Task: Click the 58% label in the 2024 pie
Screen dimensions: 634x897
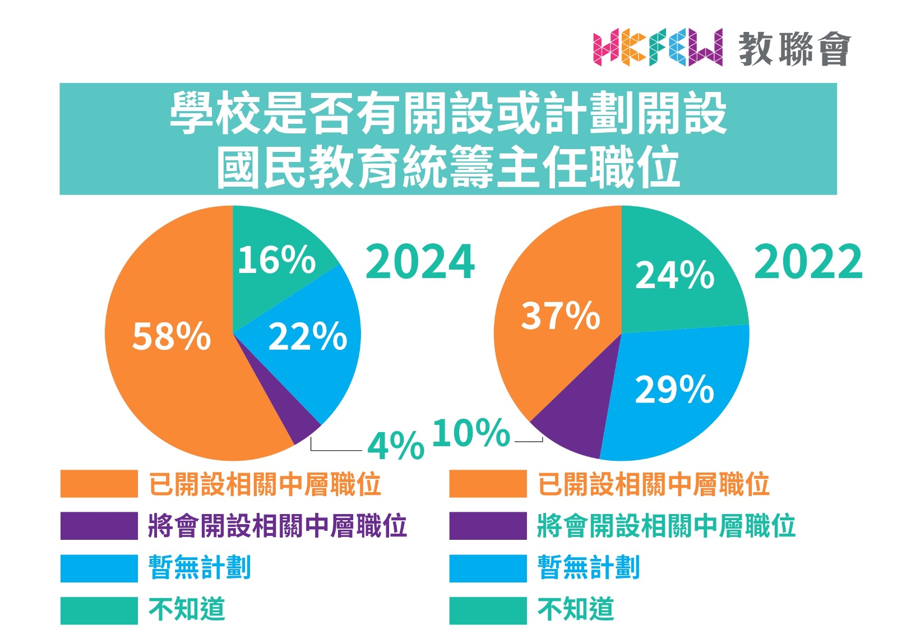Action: point(172,336)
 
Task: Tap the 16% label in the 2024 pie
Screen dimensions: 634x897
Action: point(276,260)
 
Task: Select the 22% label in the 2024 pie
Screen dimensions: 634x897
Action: point(308,336)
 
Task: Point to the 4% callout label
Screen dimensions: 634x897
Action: point(396,446)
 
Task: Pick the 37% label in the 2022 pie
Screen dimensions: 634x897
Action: point(561,315)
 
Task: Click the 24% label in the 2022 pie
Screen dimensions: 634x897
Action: point(674,275)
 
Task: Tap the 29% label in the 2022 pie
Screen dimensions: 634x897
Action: point(674,389)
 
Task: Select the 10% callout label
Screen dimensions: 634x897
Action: point(471,433)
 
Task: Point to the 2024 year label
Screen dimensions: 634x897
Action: point(420,261)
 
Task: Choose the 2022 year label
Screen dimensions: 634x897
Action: point(808,261)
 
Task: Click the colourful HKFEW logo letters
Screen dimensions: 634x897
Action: point(658,48)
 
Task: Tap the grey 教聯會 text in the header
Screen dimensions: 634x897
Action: point(794,49)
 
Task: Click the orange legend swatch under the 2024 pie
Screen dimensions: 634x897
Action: point(99,484)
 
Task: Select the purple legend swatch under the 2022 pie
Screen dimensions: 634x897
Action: point(488,526)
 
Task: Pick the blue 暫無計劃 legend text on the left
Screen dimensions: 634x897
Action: point(199,567)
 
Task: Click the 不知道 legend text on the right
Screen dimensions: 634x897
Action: point(576,609)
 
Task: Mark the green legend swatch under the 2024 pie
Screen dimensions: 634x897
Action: point(99,610)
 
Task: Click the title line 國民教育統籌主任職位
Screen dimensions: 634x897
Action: point(448,166)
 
